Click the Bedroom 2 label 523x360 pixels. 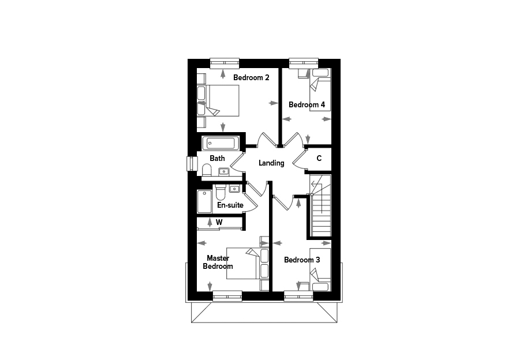pyautogui.click(x=251, y=78)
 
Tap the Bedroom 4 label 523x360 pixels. pyautogui.click(x=307, y=104)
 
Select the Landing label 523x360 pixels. pyautogui.click(x=271, y=163)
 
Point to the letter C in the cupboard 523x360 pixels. pyautogui.click(x=319, y=158)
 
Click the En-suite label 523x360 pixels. pyautogui.click(x=230, y=205)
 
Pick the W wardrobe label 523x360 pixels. pyautogui.click(x=219, y=222)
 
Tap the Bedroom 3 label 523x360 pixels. pyautogui.click(x=302, y=260)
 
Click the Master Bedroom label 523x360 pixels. pyautogui.click(x=218, y=262)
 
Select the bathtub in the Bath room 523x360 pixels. pyautogui.click(x=221, y=143)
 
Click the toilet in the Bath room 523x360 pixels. pyautogui.click(x=207, y=170)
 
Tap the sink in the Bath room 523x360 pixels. pyautogui.click(x=223, y=172)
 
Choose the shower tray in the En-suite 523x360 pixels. pyautogui.click(x=204, y=201)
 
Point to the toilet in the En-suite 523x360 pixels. pyautogui.click(x=221, y=192)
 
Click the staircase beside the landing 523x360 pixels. pyautogui.click(x=320, y=205)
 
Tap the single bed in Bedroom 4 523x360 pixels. pyautogui.click(x=320, y=89)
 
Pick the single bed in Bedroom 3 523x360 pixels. pyautogui.click(x=320, y=269)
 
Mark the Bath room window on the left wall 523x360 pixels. pyautogui.click(x=192, y=164)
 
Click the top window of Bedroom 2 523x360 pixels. pyautogui.click(x=225, y=63)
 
